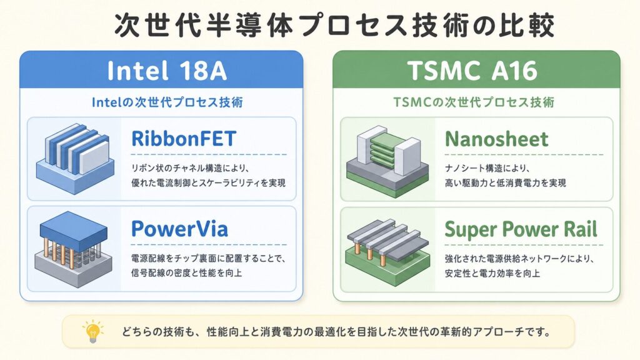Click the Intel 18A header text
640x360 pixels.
click(167, 70)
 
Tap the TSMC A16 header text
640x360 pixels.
click(472, 70)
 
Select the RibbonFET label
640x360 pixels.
click(184, 139)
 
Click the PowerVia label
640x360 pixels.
click(179, 229)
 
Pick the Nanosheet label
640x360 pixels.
click(497, 139)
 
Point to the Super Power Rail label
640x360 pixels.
click(521, 229)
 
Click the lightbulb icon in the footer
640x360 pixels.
click(92, 331)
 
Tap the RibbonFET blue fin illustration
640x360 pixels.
click(75, 158)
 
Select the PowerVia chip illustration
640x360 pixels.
click(74, 249)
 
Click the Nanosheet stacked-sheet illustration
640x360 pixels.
click(387, 161)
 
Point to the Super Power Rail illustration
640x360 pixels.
click(388, 248)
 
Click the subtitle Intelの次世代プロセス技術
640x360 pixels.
click(167, 102)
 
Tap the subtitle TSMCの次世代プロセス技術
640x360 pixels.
click(474, 102)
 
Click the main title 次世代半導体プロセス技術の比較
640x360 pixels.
click(334, 25)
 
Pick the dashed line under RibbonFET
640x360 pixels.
click(209, 155)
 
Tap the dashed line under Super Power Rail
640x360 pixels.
click(524, 245)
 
